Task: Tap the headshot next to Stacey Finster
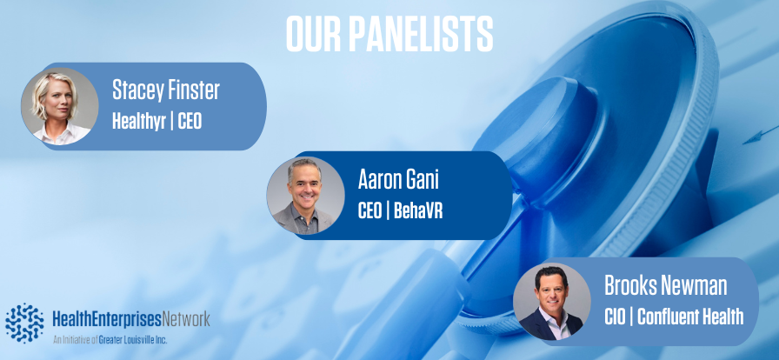point(60,106)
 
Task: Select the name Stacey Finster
point(165,90)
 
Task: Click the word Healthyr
point(138,121)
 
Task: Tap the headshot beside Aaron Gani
point(305,196)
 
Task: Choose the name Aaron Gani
point(398,180)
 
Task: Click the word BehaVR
point(418,210)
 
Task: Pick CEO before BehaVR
point(370,210)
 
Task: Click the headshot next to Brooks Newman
point(552,302)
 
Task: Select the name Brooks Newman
point(665,286)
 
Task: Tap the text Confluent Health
point(690,317)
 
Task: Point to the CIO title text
point(615,317)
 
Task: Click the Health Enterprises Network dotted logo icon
point(24,323)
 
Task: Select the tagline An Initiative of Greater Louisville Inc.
point(110,341)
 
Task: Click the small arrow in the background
point(760,137)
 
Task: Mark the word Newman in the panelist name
point(696,286)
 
